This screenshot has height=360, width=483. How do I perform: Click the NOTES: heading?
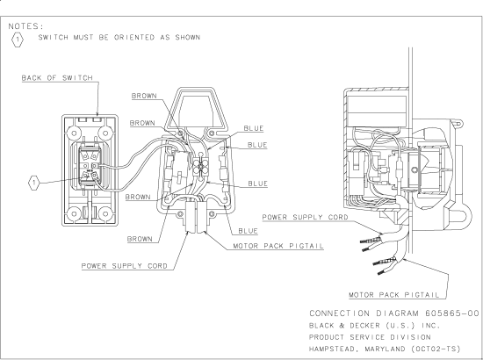[x=26, y=26]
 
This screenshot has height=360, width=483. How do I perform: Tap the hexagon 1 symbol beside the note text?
[x=18, y=40]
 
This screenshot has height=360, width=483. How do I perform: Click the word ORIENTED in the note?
[x=134, y=37]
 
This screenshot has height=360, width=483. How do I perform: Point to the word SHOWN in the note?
[x=188, y=37]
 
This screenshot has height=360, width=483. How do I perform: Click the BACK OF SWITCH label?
[x=57, y=77]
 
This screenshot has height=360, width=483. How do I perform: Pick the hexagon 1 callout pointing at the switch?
[x=34, y=183]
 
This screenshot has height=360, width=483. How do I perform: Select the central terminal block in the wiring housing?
[x=200, y=167]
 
